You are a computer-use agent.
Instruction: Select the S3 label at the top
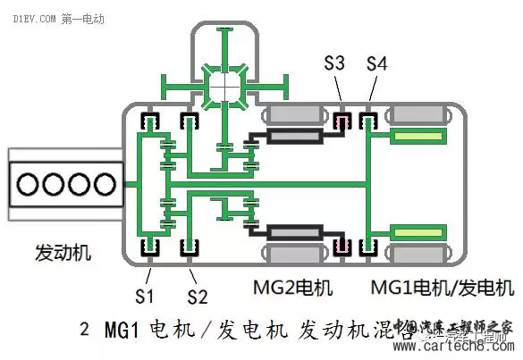tap(334, 63)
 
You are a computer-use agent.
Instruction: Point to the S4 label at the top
tap(377, 63)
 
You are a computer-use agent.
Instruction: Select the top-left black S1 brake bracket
tap(145, 121)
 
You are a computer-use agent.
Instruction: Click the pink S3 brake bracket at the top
tap(340, 121)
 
